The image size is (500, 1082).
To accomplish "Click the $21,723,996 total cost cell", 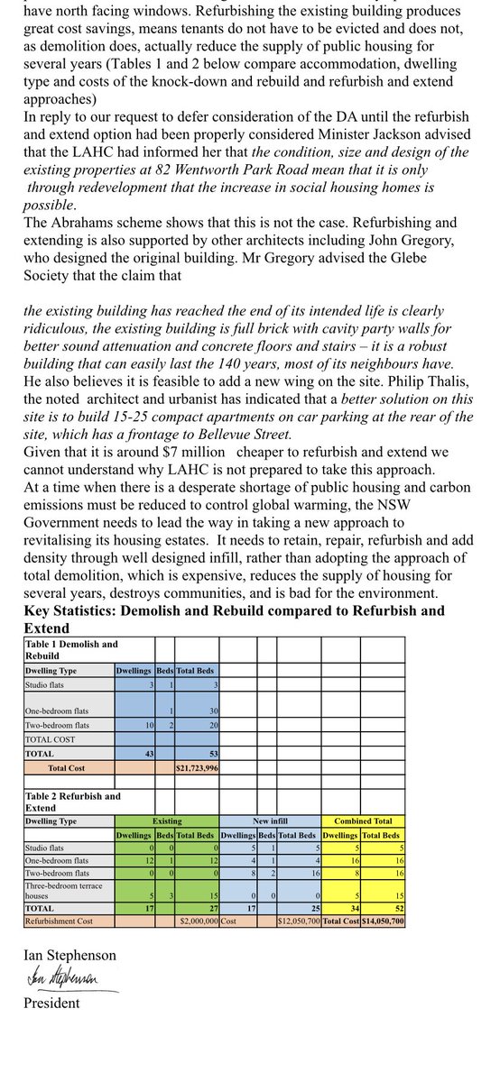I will (x=196, y=767).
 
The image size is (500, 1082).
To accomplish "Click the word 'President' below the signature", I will (x=52, y=1003).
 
